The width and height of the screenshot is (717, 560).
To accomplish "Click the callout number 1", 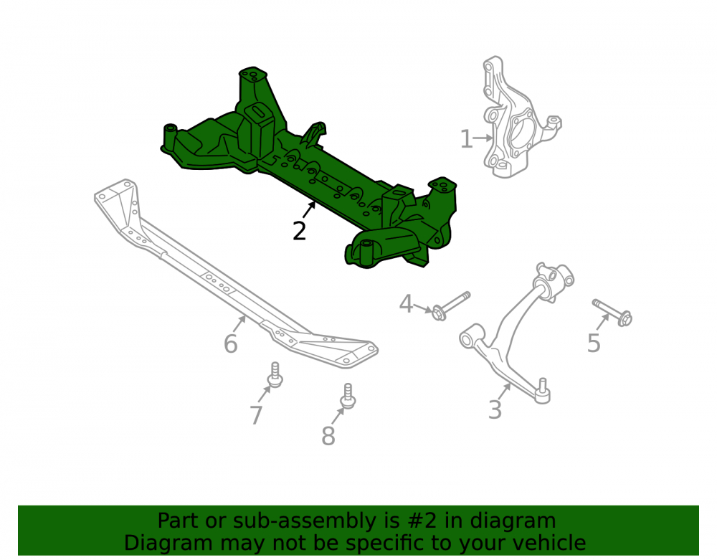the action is (x=466, y=139).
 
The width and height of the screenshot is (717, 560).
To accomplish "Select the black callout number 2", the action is (x=299, y=232).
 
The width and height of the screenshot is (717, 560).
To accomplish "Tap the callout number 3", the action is (x=495, y=409).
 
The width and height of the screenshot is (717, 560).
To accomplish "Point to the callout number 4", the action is (x=406, y=303).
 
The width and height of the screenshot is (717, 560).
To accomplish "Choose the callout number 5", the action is (x=594, y=343).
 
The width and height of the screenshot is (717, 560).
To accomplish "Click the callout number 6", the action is (x=230, y=343).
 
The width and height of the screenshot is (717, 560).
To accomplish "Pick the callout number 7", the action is (x=256, y=415).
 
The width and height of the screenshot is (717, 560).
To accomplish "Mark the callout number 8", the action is (x=328, y=436).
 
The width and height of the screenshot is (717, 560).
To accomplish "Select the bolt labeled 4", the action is (x=451, y=306).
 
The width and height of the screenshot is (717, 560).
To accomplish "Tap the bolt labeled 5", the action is (x=612, y=312).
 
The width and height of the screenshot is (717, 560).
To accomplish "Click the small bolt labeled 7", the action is (x=275, y=375).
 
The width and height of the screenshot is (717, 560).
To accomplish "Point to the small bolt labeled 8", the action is (x=348, y=396).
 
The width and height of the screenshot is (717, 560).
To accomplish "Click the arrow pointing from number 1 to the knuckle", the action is (x=483, y=138).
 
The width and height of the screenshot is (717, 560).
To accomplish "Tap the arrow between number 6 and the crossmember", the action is (x=239, y=324).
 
